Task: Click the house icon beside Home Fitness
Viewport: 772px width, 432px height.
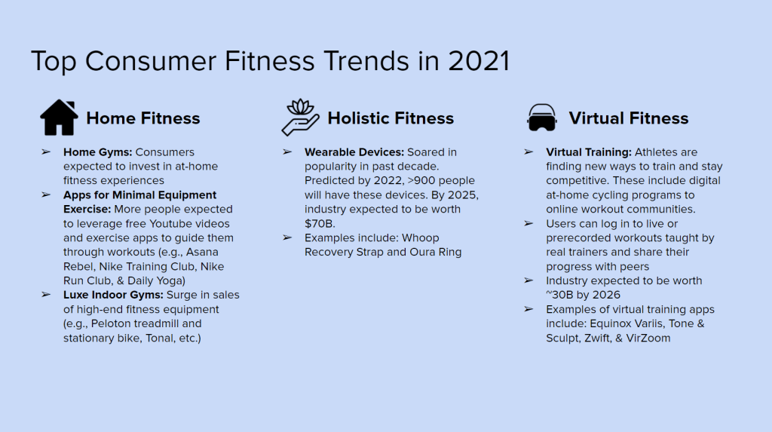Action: click(x=59, y=118)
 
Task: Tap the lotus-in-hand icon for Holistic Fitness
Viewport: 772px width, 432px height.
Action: click(x=300, y=118)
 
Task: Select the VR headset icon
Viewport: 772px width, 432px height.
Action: click(x=541, y=118)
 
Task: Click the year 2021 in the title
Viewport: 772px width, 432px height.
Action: click(x=479, y=61)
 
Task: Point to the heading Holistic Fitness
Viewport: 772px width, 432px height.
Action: click(x=391, y=118)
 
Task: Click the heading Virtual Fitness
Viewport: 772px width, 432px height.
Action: click(x=628, y=118)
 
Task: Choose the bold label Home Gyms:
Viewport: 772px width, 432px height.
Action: click(x=97, y=152)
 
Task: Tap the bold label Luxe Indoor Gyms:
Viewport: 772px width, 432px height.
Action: click(x=113, y=295)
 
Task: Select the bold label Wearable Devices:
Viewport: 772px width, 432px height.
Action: click(x=354, y=152)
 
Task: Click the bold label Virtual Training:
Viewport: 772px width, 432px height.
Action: click(x=588, y=152)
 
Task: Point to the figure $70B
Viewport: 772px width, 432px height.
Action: click(x=320, y=224)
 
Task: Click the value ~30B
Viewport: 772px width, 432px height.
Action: click(x=559, y=295)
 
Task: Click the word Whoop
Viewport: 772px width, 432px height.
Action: click(x=420, y=238)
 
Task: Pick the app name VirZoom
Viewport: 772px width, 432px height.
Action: click(x=648, y=338)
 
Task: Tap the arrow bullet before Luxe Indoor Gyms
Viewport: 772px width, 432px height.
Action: click(x=46, y=295)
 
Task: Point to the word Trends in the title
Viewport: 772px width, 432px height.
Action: click(x=366, y=61)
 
